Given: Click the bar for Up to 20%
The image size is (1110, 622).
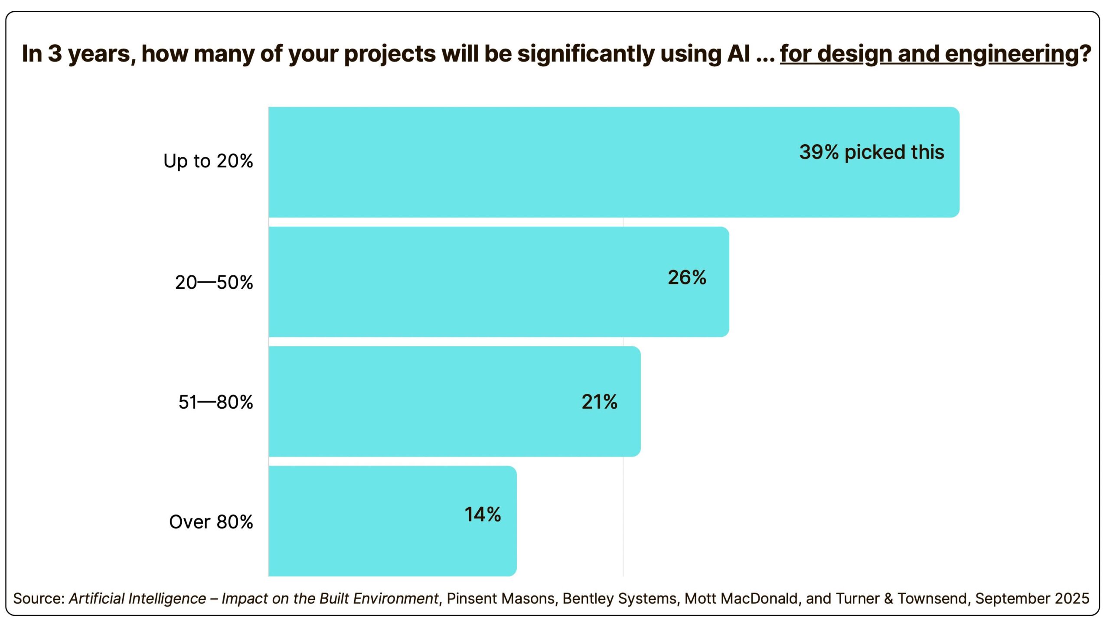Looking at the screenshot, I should [614, 162].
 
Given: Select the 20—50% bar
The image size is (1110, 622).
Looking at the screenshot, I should [499, 282].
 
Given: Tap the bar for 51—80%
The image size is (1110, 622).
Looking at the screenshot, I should [454, 401].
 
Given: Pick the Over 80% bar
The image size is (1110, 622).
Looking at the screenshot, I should [392, 521].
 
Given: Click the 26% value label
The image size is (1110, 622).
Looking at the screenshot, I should [687, 277].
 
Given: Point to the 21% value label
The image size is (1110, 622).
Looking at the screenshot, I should [599, 402].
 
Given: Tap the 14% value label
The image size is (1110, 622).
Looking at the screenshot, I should [483, 515].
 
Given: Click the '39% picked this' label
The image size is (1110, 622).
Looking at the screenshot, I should [872, 152].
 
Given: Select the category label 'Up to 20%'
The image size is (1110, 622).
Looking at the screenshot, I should [208, 161].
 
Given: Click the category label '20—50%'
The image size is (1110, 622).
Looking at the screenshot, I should [214, 283].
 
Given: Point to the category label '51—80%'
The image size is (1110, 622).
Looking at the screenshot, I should [215, 402].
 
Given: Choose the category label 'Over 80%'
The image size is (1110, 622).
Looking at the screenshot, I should [211, 522].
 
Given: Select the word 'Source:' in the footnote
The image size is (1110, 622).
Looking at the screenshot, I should [39, 599].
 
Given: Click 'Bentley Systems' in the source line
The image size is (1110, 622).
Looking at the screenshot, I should [620, 599].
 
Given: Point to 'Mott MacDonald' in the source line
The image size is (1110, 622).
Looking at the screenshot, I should [741, 599].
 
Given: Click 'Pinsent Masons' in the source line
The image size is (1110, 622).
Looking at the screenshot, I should [501, 599].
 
